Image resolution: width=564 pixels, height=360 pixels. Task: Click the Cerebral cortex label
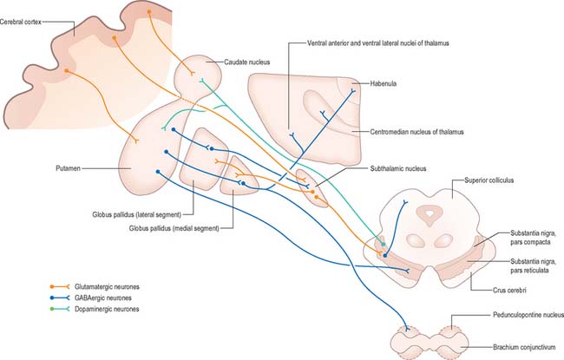click(x=21, y=22)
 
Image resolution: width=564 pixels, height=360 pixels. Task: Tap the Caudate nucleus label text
click(x=246, y=62)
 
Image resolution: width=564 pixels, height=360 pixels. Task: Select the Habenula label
click(x=383, y=83)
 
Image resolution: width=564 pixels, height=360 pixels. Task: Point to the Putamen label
click(x=68, y=168)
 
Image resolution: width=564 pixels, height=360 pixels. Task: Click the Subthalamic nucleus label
click(x=398, y=168)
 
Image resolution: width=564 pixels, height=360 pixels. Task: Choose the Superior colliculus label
click(x=489, y=180)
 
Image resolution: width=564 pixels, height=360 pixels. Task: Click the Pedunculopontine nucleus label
click(x=528, y=315)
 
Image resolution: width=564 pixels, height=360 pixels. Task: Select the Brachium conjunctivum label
click(x=524, y=347)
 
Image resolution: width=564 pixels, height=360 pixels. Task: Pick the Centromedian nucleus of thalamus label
click(x=416, y=132)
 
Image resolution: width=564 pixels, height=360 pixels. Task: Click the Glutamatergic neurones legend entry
click(x=107, y=286)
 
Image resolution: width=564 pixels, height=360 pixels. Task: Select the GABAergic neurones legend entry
click(x=103, y=298)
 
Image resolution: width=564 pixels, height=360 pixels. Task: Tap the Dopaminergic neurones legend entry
click(x=107, y=309)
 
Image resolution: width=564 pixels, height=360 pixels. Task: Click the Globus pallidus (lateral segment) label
click(x=137, y=215)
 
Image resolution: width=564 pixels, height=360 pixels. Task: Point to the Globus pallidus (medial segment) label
click(x=174, y=228)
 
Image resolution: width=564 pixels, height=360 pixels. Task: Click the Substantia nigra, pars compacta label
click(x=533, y=238)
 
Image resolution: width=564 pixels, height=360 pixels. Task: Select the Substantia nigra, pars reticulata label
click(x=533, y=265)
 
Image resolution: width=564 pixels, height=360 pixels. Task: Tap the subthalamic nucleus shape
click(x=312, y=187)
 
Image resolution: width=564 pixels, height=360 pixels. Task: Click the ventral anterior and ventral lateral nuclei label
click(x=378, y=43)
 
